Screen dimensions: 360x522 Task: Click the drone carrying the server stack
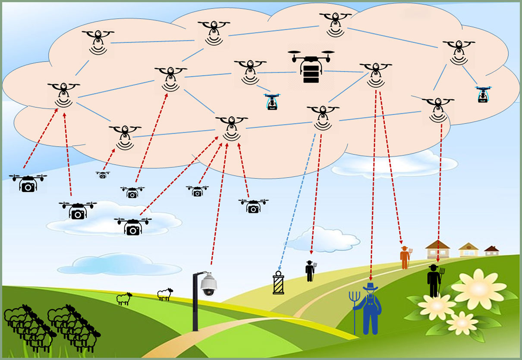311,67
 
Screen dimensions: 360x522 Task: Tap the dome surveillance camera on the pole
209,285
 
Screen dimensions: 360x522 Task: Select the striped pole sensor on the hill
279,283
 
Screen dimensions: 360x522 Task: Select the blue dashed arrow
298,203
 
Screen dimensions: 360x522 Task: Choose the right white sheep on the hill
165,294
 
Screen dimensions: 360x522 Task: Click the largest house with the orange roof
437,250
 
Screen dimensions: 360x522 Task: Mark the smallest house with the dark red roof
491,250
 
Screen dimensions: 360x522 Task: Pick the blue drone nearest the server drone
272,102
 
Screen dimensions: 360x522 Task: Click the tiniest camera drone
103,175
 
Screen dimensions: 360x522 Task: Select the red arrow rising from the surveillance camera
218,203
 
